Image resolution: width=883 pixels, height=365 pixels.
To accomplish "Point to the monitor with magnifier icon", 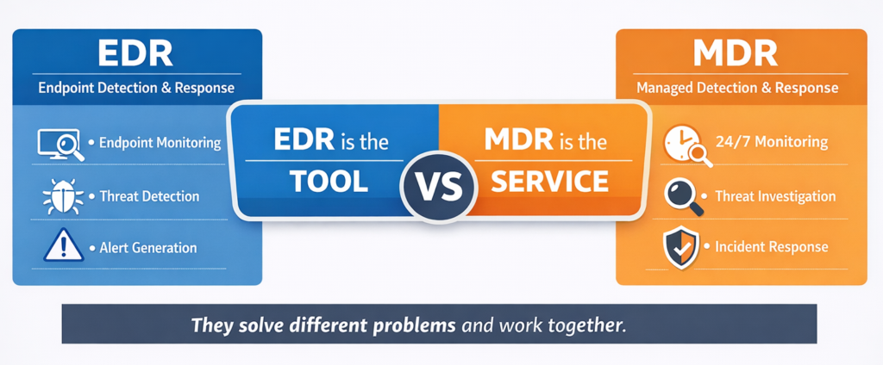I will click(x=59, y=143).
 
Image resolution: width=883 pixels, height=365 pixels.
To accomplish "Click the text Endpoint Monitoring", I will click(x=160, y=143).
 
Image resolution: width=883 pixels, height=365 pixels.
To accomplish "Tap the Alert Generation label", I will click(x=148, y=248).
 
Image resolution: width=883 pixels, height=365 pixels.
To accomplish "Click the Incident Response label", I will click(x=772, y=247).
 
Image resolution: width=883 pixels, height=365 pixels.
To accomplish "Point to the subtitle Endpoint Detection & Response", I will click(x=137, y=88).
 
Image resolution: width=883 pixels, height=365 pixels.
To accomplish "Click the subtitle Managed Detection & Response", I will click(x=737, y=88).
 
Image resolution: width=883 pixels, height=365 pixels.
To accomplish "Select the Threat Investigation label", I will click(x=775, y=196).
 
